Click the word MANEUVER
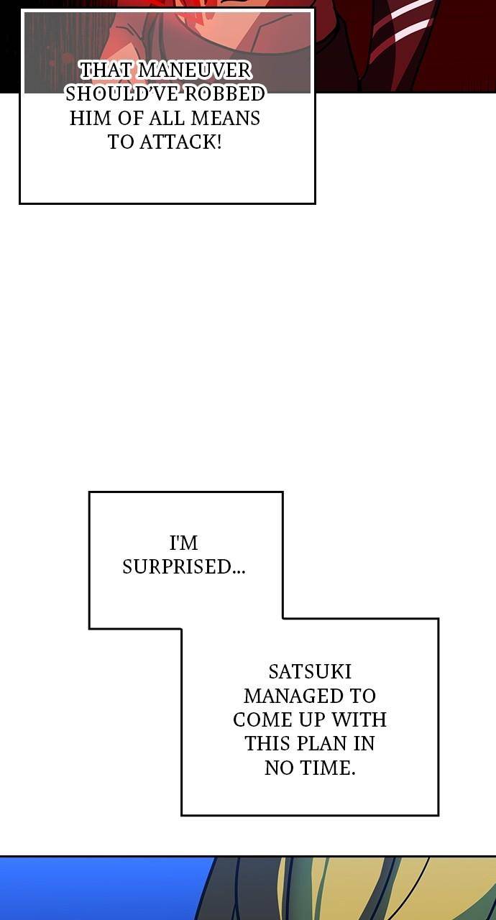(194, 70)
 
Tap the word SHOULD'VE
(121, 94)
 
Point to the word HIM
(91, 119)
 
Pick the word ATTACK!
(180, 142)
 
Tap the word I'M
(183, 543)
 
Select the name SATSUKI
(310, 672)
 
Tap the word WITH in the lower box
(359, 719)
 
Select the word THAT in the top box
(106, 70)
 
